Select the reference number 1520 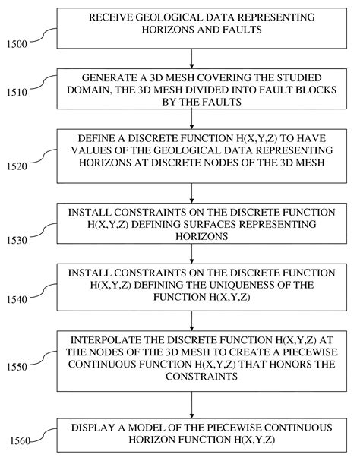point(16,165)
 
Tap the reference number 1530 point(17,239)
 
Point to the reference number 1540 point(16,300)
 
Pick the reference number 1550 point(16,367)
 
